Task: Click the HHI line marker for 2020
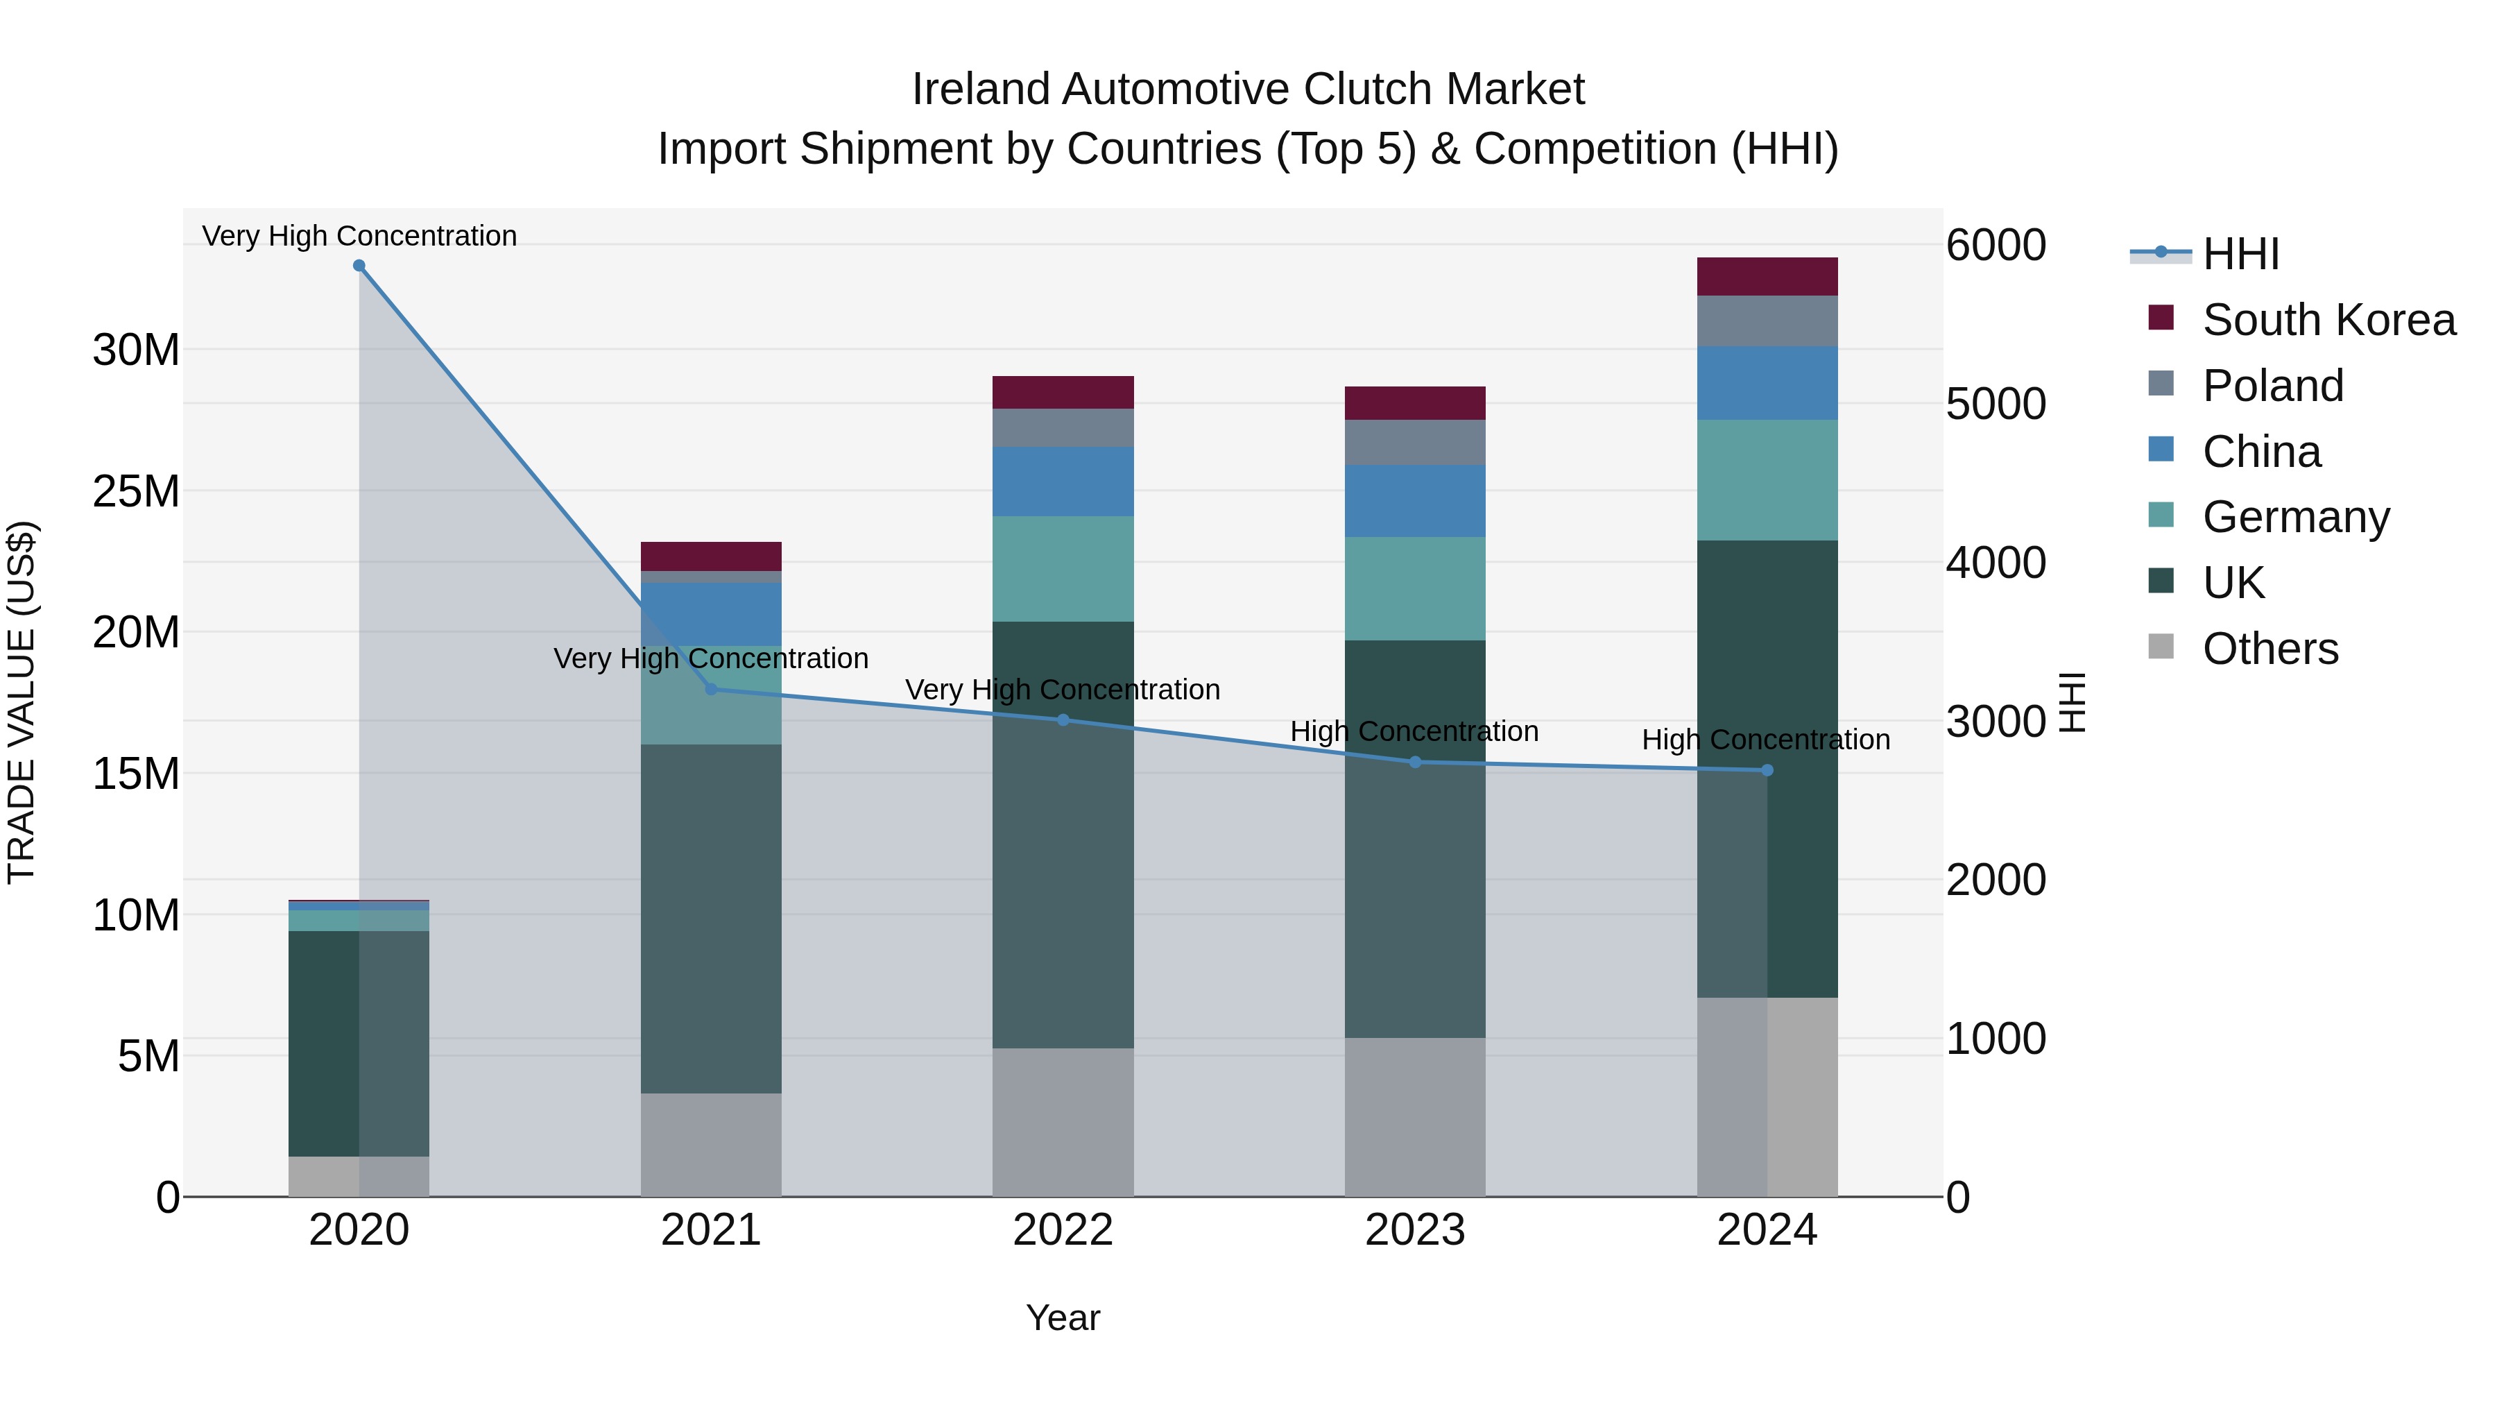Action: coord(359,266)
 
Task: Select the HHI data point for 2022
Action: coord(1063,720)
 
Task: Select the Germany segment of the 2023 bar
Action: coord(1414,588)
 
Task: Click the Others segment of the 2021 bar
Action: coord(710,1144)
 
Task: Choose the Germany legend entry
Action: coord(2294,517)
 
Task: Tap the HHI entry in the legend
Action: coord(2239,254)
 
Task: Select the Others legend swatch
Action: coord(2161,647)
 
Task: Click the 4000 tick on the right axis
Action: coord(1996,563)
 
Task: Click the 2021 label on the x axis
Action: coord(710,1230)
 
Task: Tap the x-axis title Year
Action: coord(1063,1318)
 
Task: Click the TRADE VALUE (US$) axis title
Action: coord(22,702)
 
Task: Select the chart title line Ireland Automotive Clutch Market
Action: coord(1248,90)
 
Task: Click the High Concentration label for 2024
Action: coord(1765,740)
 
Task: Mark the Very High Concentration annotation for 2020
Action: coord(359,236)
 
